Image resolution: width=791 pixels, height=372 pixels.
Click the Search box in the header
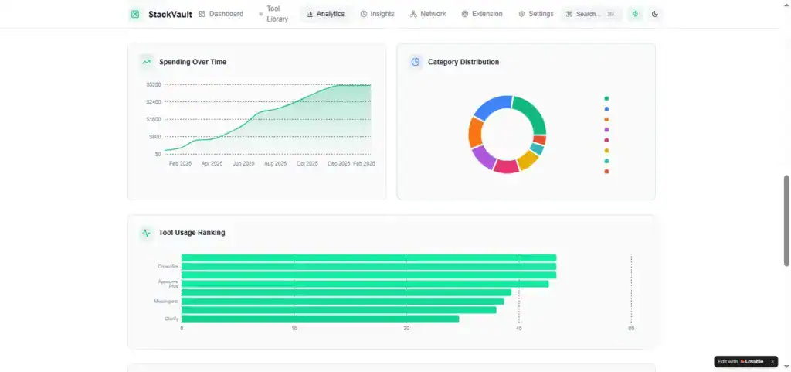(591, 14)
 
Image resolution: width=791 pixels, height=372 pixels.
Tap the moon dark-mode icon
(655, 14)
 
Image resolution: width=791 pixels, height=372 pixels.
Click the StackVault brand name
(170, 14)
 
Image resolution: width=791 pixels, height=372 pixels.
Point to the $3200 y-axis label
(153, 84)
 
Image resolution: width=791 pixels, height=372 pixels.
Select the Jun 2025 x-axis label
(243, 164)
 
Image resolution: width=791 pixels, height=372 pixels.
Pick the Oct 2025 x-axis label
(307, 164)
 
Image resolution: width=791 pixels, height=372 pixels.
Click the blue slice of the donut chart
(492, 107)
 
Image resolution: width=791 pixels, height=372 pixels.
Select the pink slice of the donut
(505, 166)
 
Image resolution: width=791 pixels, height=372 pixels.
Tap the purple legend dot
(606, 130)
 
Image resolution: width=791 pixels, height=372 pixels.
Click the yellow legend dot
(606, 151)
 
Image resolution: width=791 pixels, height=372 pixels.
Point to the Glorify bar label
(171, 319)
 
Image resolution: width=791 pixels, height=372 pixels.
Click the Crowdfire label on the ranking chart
(168, 267)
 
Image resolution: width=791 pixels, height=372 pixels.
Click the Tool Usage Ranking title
(192, 233)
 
